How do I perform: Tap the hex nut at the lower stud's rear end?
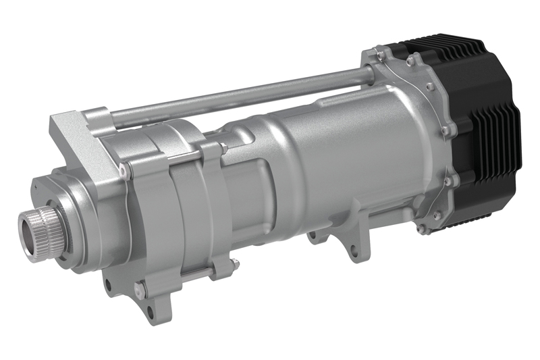tap(232, 264)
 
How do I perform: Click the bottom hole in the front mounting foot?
tap(148, 312)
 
